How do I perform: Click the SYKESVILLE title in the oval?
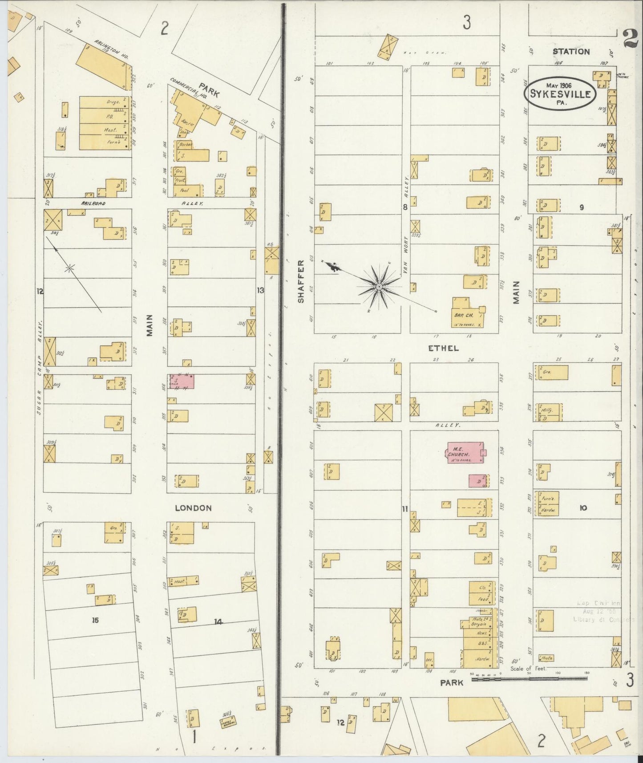coord(566,94)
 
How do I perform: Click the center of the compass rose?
coord(379,287)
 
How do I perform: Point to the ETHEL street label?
coord(443,348)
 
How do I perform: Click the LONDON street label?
coord(193,508)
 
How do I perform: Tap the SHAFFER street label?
coord(301,282)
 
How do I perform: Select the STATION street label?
coord(571,52)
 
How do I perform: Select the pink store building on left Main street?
coord(182,382)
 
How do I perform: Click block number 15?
coord(95,620)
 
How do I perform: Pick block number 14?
coord(218,621)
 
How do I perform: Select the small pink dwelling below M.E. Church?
coord(477,481)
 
